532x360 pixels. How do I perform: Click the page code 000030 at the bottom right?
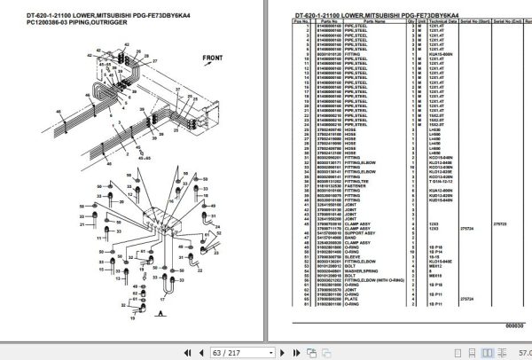(516, 326)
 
